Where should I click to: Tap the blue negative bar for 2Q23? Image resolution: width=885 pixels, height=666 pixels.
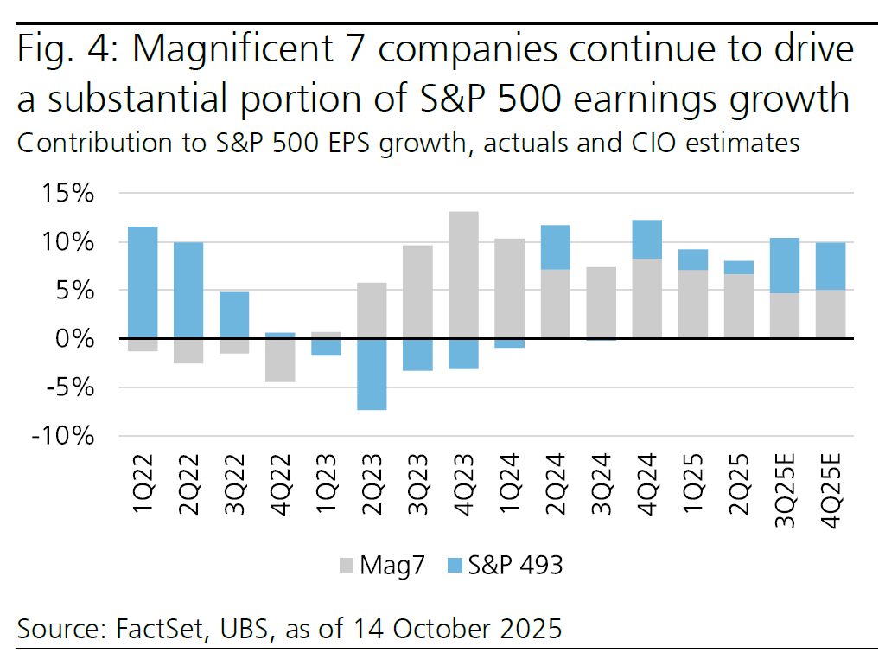tap(372, 374)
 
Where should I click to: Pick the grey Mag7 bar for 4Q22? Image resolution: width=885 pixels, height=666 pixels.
tap(280, 360)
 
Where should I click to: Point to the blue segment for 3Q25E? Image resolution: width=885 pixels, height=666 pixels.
tap(784, 266)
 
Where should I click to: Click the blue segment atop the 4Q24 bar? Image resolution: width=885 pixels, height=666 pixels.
tap(647, 240)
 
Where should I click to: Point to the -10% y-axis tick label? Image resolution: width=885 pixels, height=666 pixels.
tap(60, 436)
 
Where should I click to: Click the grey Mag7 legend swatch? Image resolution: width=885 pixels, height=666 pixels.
tap(346, 567)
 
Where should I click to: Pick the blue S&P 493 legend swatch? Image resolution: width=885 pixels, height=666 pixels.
tap(456, 567)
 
